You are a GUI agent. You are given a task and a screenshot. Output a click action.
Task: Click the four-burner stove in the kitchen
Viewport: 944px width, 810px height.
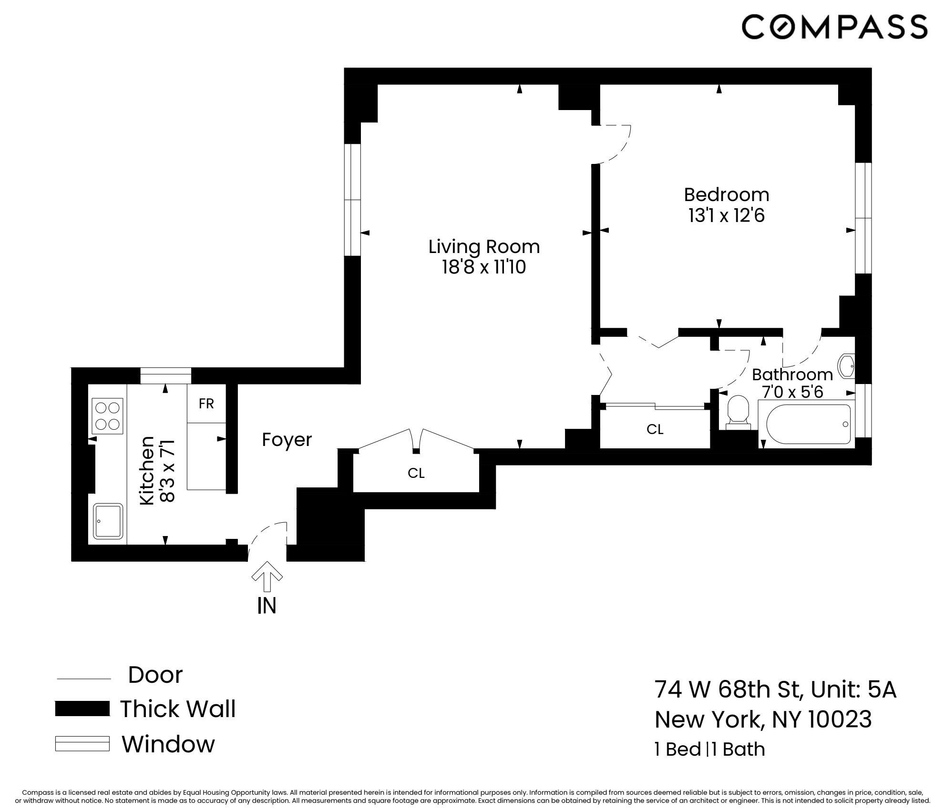coord(107,416)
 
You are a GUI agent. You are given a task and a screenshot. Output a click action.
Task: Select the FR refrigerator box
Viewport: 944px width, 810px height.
coord(206,404)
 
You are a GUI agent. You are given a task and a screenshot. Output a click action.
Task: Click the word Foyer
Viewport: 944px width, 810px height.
coord(287,440)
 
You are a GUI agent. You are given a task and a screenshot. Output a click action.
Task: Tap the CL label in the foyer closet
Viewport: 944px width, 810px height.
coord(416,473)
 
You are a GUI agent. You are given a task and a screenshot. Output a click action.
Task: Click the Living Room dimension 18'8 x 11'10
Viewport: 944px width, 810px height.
coord(483,267)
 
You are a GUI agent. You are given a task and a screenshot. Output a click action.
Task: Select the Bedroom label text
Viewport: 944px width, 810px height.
coord(726,195)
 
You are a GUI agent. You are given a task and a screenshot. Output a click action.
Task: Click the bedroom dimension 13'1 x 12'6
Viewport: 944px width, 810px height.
coord(726,216)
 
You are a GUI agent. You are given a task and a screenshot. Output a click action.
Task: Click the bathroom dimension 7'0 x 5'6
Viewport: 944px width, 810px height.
coord(792,392)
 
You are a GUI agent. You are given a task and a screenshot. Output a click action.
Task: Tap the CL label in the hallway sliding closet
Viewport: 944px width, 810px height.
coord(655,429)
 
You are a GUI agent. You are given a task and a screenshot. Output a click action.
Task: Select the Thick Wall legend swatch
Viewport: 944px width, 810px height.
coord(82,709)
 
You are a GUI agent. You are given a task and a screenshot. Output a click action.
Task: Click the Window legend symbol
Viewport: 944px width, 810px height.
coord(82,744)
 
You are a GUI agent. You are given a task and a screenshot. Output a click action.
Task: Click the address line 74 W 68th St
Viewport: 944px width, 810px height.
coord(775,689)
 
